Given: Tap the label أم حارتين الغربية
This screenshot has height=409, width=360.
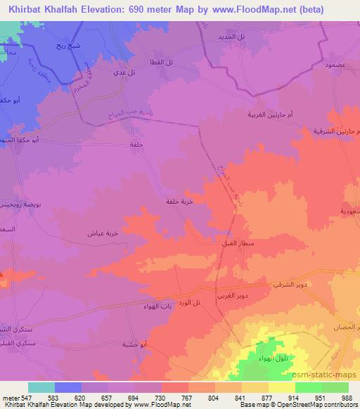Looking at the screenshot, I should tap(272, 115).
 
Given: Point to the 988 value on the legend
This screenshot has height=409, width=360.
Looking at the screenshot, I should tap(347, 396).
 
